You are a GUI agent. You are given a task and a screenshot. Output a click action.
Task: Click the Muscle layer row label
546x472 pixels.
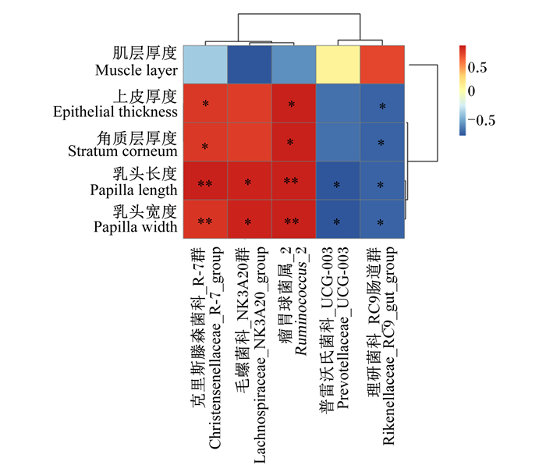(x=136, y=70)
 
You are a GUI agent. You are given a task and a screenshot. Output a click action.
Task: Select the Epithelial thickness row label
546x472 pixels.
(x=115, y=112)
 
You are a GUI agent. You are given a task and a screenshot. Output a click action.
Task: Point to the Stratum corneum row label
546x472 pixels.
(x=122, y=151)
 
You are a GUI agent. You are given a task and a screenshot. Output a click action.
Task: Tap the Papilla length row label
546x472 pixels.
(x=133, y=190)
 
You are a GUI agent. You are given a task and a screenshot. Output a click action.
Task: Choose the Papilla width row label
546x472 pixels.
(x=136, y=227)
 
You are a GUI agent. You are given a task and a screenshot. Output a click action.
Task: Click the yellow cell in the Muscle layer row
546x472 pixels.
(x=338, y=65)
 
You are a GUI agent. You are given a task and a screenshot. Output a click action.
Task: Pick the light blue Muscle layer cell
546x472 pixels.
(x=205, y=65)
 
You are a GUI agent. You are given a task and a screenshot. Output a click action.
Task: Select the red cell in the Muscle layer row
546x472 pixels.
(x=382, y=65)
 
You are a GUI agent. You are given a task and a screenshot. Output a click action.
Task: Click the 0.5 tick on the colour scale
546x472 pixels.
(x=477, y=68)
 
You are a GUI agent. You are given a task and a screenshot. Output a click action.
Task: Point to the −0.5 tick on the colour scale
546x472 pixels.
(x=481, y=120)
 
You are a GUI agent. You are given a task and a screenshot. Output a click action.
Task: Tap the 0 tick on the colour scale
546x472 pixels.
(x=471, y=91)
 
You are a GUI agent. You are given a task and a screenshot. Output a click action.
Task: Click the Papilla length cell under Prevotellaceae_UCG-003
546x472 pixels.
(x=338, y=180)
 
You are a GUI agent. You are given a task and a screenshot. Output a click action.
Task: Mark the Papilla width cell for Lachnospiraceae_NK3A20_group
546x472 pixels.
(x=250, y=219)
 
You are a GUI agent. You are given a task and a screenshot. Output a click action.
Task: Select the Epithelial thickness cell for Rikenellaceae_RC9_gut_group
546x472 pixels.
(x=382, y=104)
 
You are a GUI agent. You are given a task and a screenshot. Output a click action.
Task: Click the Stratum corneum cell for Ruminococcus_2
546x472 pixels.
(x=294, y=142)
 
